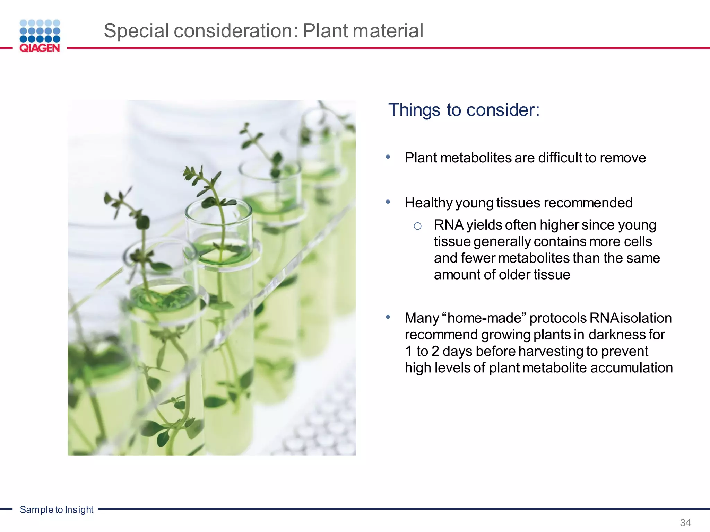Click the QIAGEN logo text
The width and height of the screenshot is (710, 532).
40,48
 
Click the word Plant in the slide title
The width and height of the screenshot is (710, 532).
324,31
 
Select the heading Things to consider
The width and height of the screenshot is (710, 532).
464,110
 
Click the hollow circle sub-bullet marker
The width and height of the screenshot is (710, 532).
417,226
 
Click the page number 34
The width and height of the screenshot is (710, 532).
685,522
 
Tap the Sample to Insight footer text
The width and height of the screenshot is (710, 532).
57,509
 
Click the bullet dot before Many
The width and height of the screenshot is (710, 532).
388,317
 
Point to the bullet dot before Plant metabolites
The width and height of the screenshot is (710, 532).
388,157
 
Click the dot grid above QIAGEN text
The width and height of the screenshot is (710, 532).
40,31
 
